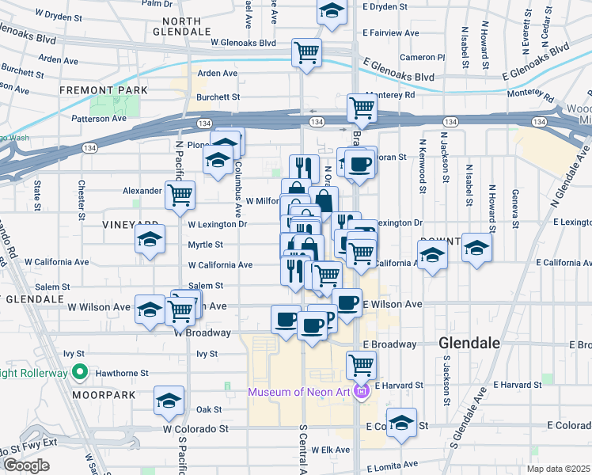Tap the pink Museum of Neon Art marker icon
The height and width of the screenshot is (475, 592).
tap(362, 391)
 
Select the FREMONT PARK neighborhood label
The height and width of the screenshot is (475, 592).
tap(104, 90)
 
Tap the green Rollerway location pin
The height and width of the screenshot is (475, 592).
tap(79, 370)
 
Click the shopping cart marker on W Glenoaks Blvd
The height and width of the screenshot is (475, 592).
tap(306, 53)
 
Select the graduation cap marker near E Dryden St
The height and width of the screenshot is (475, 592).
tap(332, 11)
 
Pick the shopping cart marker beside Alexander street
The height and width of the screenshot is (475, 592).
tap(180, 194)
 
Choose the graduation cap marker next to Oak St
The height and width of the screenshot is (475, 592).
tap(168, 401)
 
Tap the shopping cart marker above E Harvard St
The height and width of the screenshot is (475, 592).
tap(360, 365)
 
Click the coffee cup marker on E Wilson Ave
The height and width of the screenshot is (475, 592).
tap(347, 301)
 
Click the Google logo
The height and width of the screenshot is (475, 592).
tap(26, 465)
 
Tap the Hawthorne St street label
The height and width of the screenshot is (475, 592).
tap(123, 373)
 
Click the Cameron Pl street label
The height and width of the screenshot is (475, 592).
tap(422, 57)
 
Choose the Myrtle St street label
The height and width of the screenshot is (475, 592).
tap(205, 245)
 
